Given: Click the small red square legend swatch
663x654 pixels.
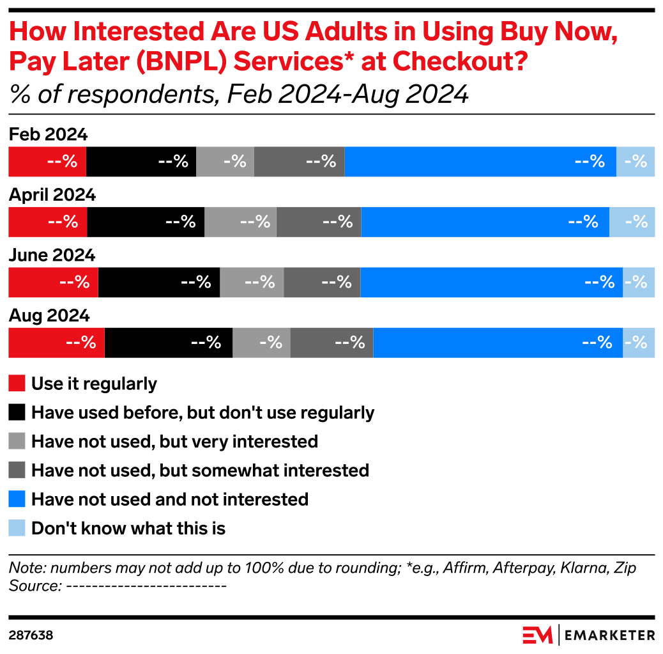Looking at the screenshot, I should (17, 383).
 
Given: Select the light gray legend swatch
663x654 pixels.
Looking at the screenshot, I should (17, 440).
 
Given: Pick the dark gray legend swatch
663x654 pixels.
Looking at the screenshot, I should (17, 469).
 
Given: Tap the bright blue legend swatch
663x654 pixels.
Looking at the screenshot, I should (17, 498).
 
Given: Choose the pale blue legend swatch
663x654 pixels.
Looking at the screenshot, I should (17, 527).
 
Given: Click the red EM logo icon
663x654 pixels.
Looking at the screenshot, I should (537, 635).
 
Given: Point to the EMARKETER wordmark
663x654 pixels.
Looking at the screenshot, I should (609, 635).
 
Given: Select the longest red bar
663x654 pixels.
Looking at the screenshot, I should (56, 343).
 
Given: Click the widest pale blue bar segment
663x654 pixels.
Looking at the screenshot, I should (632, 222).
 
